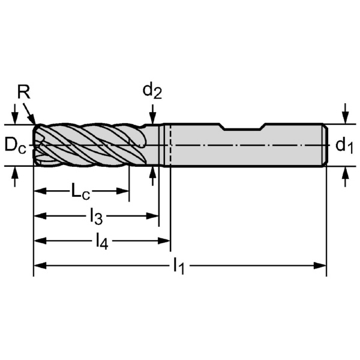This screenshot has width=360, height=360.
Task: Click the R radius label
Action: pyautogui.click(x=23, y=92)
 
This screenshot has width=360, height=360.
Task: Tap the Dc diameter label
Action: pyautogui.click(x=15, y=145)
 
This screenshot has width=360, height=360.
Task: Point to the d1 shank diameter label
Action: pyautogui.click(x=344, y=145)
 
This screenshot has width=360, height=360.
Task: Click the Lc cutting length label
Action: pyautogui.click(x=81, y=191)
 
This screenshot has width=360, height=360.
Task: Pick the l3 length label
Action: pyautogui.click(x=96, y=216)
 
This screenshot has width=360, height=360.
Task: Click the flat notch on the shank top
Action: pyautogui.click(x=243, y=127)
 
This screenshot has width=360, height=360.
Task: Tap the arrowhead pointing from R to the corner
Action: pyautogui.click(x=34, y=121)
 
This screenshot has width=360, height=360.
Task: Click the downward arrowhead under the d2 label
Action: pyautogui.click(x=153, y=119)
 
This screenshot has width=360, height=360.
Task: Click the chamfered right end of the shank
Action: pyautogui.click(x=325, y=145)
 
